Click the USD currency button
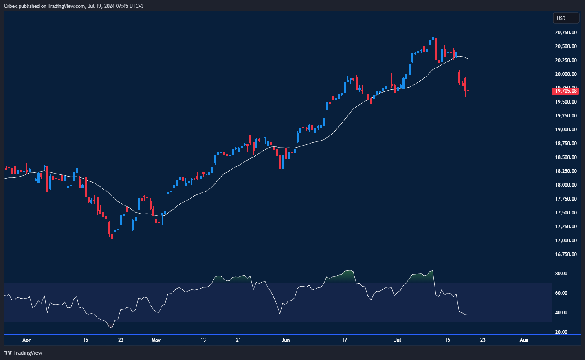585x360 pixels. [x=565, y=18]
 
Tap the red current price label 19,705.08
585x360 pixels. [x=566, y=91]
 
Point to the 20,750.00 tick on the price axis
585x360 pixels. [x=566, y=33]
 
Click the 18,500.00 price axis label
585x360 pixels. [x=566, y=157]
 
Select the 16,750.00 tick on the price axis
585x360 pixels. [x=566, y=254]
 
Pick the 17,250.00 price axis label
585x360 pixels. [x=566, y=227]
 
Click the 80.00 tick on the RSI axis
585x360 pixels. [x=561, y=274]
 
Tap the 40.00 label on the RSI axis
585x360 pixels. [x=561, y=313]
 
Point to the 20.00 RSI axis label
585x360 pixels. [x=561, y=332]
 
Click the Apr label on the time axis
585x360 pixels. [x=26, y=340]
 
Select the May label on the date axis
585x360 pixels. [x=156, y=340]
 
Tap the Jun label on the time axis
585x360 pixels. [x=286, y=340]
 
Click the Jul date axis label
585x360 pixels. [x=398, y=340]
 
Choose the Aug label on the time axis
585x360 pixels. [x=524, y=340]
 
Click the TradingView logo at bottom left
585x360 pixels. [x=23, y=353]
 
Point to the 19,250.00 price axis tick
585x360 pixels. [x=566, y=116]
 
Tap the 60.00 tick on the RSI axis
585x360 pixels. [x=561, y=293]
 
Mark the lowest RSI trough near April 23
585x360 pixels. [x=112, y=328]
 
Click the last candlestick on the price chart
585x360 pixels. [x=468, y=91]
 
